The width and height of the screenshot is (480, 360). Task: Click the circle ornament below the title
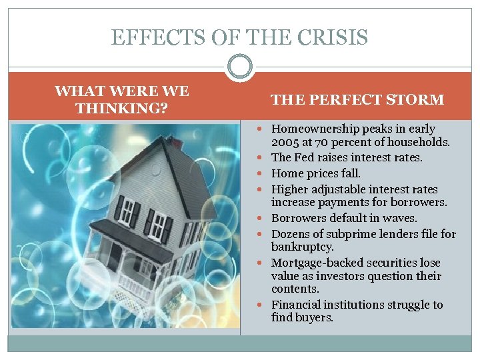coord(239,67)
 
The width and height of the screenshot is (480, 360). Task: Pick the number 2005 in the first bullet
coord(285,142)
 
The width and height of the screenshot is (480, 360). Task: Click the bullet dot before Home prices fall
coord(264,173)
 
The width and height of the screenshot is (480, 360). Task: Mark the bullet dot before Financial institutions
coord(264,305)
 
